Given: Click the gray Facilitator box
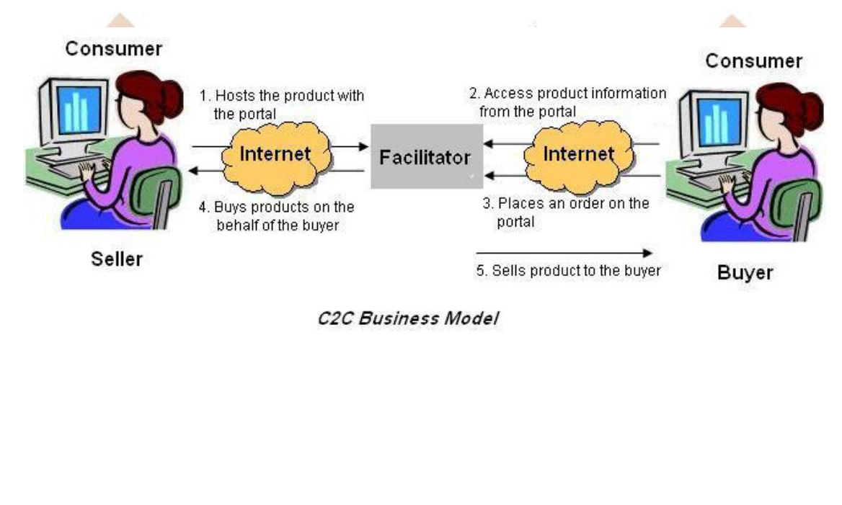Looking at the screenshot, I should pyautogui.click(x=426, y=156).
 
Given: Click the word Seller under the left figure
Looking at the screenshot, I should pyautogui.click(x=117, y=259).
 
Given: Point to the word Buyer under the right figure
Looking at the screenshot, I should pyautogui.click(x=745, y=273).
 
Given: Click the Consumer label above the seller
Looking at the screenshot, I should pyautogui.click(x=114, y=49).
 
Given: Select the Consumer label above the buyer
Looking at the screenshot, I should pyautogui.click(x=753, y=61).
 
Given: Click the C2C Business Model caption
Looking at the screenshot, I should pyautogui.click(x=408, y=318).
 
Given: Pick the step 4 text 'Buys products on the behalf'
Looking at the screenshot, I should pyautogui.click(x=278, y=215).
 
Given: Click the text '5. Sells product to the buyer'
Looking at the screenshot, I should pyautogui.click(x=569, y=272).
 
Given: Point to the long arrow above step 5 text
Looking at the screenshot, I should pyautogui.click(x=563, y=253).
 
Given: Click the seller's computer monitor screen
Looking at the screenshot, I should pyautogui.click(x=74, y=110).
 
